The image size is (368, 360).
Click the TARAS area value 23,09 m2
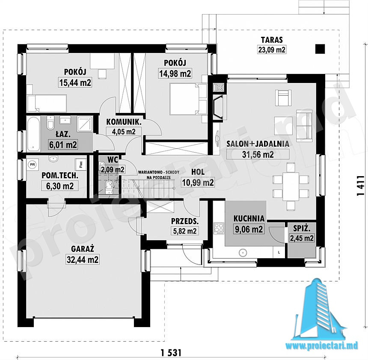pyautogui.click(x=272, y=50)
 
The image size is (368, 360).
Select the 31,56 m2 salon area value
pyautogui.click(x=258, y=154)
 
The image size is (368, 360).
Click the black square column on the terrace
pyautogui.click(x=320, y=49)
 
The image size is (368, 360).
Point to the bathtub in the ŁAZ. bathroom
pyautogui.click(x=33, y=134)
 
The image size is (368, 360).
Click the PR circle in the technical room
pyautogui.click(x=33, y=165)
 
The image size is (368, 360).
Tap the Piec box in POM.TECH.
pyautogui.click(x=80, y=164)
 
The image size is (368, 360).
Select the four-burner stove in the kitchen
pyautogui.click(x=219, y=228)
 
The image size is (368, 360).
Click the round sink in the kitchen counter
pyautogui.click(x=243, y=253)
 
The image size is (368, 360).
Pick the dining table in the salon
pyautogui.click(x=291, y=186)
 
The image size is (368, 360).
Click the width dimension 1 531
pyautogui.click(x=171, y=352)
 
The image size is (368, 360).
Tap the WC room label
pyautogui.click(x=113, y=159)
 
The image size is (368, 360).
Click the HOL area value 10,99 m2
pyautogui.click(x=198, y=182)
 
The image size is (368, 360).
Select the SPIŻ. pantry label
pyautogui.click(x=302, y=228)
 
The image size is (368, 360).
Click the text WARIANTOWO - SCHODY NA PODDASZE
pyautogui.click(x=159, y=175)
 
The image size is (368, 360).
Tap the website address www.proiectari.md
pyautogui.click(x=322, y=345)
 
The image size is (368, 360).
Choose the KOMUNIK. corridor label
pyautogui.click(x=124, y=122)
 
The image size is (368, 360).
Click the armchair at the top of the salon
pyautogui.click(x=284, y=97)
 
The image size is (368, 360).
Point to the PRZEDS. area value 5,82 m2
pyautogui.click(x=185, y=231)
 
